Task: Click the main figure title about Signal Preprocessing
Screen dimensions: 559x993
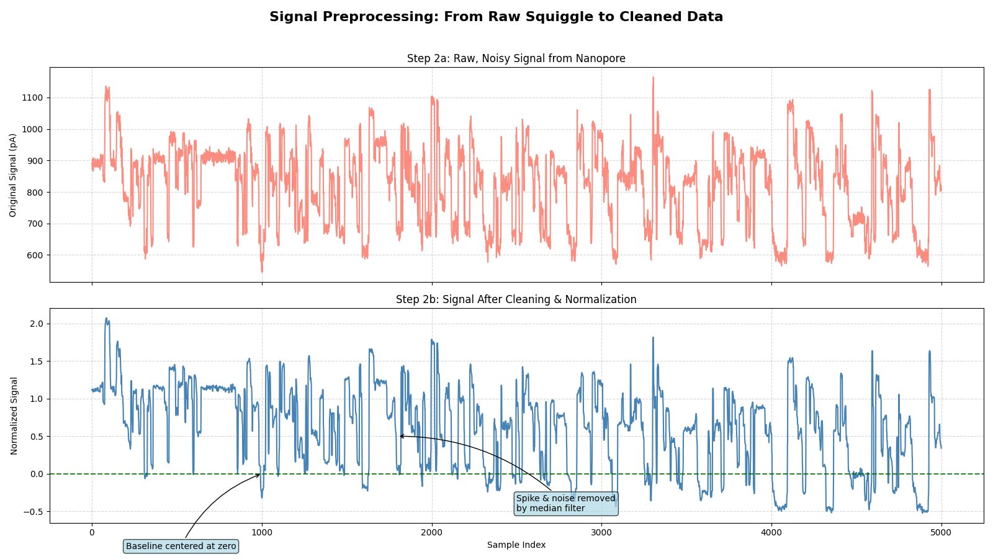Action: [x=496, y=17]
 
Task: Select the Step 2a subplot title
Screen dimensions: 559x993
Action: [x=516, y=58]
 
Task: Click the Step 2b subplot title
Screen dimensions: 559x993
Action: [x=516, y=299]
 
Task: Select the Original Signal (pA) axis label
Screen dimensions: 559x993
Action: [x=13, y=175]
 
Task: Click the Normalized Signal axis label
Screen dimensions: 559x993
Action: [x=14, y=416]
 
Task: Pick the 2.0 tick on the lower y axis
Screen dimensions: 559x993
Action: [x=37, y=324]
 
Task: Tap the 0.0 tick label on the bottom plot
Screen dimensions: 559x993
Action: [x=37, y=474]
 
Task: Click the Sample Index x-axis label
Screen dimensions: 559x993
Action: [x=516, y=545]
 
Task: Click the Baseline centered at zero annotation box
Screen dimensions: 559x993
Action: [x=181, y=547]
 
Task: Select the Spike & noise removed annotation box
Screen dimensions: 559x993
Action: [x=565, y=503]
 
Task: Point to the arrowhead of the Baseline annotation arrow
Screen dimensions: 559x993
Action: [x=260, y=475]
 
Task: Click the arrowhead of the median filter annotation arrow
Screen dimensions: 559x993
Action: [x=400, y=436]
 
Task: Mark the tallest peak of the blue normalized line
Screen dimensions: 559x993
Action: [x=106, y=319]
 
